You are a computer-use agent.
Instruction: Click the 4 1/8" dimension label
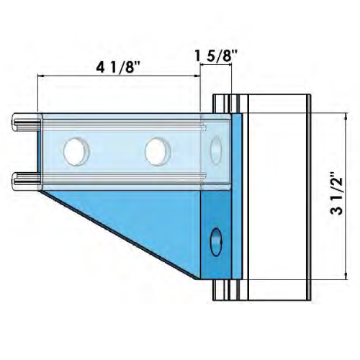(118, 68)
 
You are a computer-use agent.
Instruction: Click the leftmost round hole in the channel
(75, 151)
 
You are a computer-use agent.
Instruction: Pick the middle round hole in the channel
(156, 151)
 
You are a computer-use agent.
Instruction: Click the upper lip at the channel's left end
(24, 117)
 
